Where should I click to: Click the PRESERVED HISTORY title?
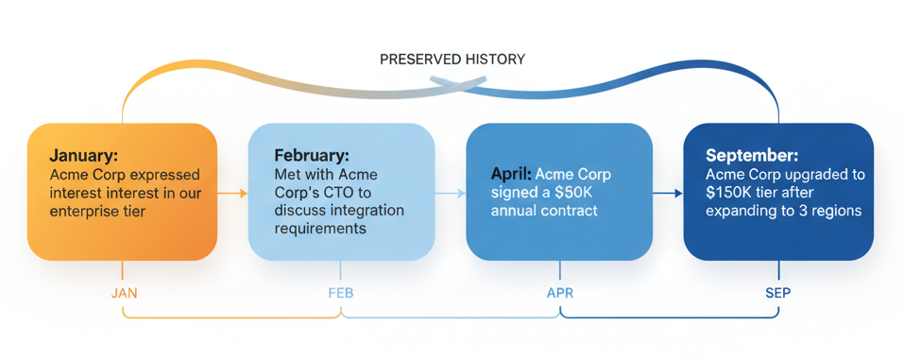452,60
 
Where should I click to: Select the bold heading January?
84,156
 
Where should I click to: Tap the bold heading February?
311,155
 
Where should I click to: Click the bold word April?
511,175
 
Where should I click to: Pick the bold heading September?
751,155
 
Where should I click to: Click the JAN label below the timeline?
124,293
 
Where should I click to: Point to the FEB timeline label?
340,293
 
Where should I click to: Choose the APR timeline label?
560,293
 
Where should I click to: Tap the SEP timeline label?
777,293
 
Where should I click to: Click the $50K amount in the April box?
575,193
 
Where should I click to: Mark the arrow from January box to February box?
232,193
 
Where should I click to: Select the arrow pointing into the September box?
668,193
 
